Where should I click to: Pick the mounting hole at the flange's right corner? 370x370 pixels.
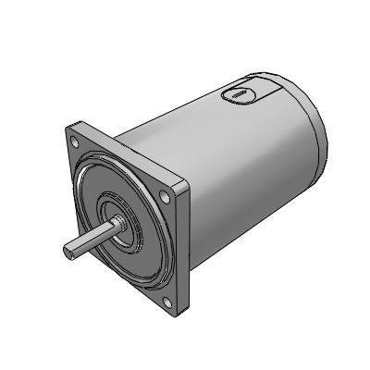coord(166,196)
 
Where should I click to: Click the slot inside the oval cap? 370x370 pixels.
coord(236,92)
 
